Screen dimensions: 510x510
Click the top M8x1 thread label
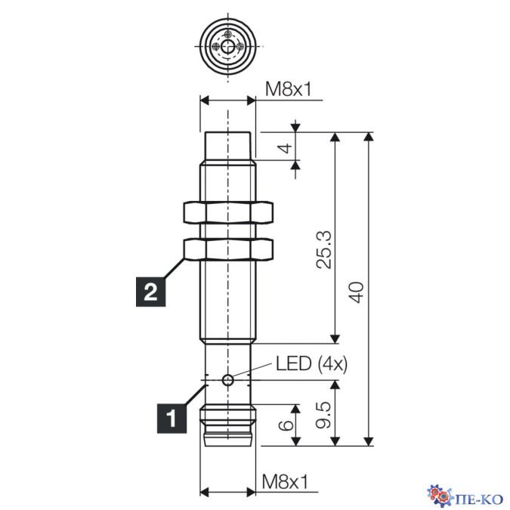click(x=288, y=89)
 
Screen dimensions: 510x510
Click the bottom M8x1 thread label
click(x=285, y=482)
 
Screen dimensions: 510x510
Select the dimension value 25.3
click(x=324, y=249)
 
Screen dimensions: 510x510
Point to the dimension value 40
click(x=357, y=292)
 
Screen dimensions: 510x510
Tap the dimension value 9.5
click(x=324, y=415)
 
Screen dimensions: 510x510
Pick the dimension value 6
click(x=286, y=425)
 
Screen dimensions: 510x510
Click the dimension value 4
click(x=286, y=148)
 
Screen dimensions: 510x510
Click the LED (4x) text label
click(x=311, y=363)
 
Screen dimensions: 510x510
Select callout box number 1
click(x=172, y=419)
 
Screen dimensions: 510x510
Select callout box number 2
click(x=150, y=292)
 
